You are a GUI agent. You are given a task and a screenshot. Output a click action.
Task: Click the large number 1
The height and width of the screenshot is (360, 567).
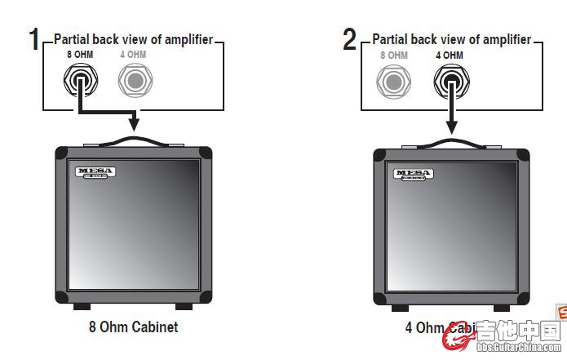click(33, 38)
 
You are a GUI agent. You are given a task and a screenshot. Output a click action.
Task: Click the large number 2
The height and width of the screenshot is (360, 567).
click(350, 38)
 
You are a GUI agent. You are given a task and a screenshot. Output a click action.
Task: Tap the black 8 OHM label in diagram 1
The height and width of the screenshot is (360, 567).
click(81, 54)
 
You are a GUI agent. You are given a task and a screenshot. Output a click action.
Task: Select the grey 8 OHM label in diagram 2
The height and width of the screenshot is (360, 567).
click(393, 55)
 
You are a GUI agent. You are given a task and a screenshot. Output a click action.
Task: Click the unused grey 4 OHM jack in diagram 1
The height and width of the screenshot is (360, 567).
click(135, 80)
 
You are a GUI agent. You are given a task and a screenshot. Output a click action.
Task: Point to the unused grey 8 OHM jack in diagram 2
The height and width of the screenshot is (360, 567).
click(394, 81)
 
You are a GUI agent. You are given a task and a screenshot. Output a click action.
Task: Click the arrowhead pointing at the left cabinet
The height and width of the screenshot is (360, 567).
click(134, 122)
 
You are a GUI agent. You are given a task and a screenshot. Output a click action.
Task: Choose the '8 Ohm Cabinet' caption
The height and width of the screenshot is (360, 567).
click(133, 327)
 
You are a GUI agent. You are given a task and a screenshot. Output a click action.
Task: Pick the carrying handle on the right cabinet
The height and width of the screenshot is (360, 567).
click(451, 144)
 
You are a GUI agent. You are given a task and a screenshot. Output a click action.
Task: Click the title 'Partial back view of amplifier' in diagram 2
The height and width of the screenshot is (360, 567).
click(452, 38)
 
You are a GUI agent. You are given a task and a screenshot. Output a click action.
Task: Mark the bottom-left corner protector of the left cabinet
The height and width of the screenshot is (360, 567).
click(62, 296)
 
